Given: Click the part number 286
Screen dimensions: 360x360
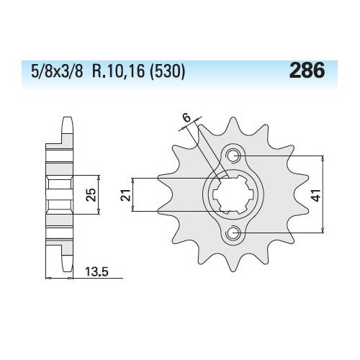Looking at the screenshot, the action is [307, 70].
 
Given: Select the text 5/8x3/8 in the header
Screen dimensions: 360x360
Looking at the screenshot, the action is [57, 71].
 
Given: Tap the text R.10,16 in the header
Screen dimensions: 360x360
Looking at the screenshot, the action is [118, 71].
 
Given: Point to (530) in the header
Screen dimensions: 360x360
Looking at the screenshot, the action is [167, 71].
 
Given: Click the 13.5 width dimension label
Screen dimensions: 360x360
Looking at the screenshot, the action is [97, 272].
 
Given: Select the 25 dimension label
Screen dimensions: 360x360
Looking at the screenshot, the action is [91, 194].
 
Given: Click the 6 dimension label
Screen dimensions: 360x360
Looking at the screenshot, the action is [186, 118].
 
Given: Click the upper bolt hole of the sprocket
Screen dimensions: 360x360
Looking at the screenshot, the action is [233, 156].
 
